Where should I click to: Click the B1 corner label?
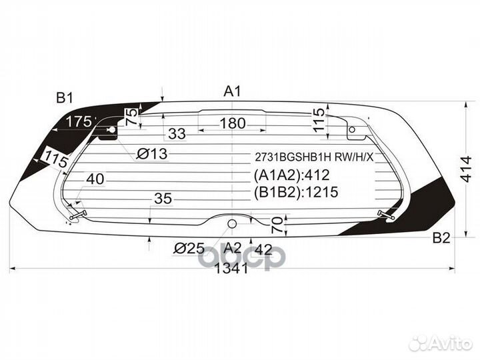pos(64,98)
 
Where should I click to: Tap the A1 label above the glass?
pos(231,92)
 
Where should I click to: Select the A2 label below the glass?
pos(231,247)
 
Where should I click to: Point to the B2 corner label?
pos(441,238)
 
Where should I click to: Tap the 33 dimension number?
pos(177,134)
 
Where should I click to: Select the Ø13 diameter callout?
pos(152,154)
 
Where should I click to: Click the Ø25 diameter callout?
pos(189,249)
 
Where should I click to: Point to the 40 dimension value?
pos(94,179)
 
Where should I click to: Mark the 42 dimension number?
pos(263,249)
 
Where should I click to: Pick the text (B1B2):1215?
pos(296,193)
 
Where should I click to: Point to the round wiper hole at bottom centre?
pos(232,223)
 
